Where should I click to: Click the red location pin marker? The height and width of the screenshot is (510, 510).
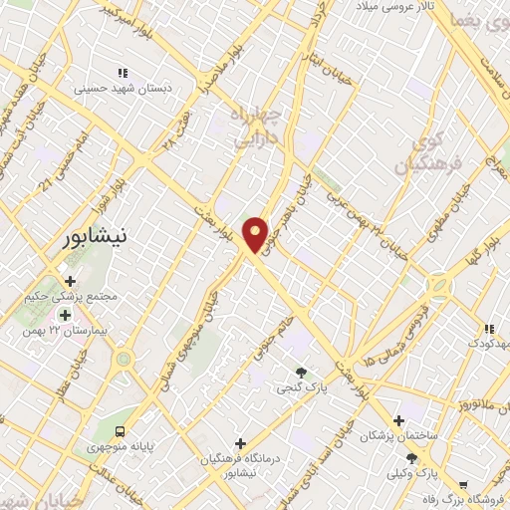256,234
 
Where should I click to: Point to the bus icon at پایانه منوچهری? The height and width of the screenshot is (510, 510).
120,432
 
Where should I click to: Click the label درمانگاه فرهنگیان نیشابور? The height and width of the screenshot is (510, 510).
239,461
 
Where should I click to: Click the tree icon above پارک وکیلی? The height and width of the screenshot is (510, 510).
411,457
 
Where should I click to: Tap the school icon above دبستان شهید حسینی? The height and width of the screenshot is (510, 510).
124,73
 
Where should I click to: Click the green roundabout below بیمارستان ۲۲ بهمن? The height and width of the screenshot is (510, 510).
123,359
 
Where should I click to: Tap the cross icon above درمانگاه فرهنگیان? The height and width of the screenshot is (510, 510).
239,443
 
